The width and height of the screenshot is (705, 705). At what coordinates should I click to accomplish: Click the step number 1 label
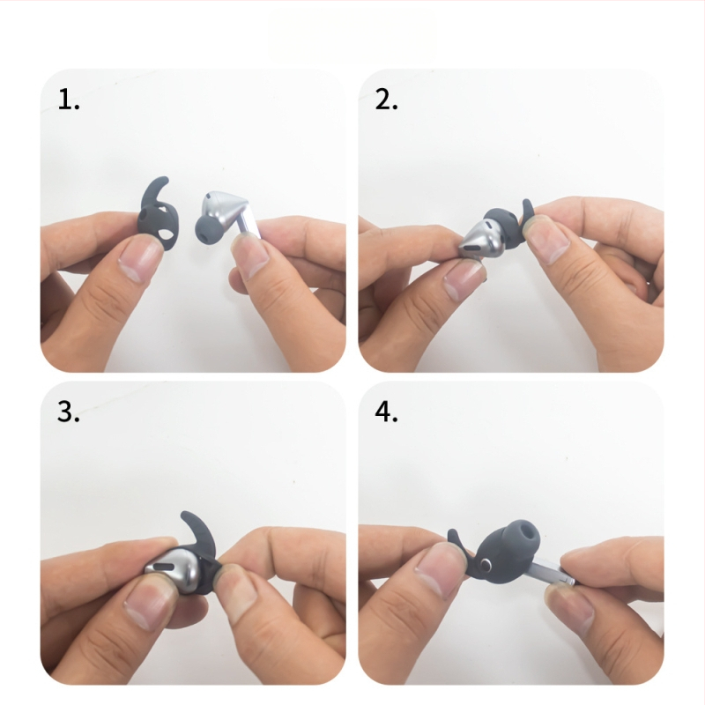(69, 100)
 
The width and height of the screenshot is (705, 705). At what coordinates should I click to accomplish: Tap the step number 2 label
(387, 100)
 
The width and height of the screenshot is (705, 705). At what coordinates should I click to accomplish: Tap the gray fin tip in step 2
(527, 207)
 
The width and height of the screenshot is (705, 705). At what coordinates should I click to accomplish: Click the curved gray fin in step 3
(198, 534)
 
